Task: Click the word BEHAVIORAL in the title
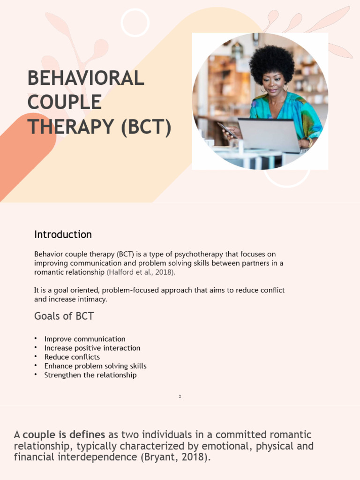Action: pos(86,78)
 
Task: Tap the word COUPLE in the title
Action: pos(64,103)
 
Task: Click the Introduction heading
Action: pos(63,234)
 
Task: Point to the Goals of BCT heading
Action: pos(64,316)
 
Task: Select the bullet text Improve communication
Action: pos(85,339)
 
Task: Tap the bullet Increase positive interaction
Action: pos(92,348)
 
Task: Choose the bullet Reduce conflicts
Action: pos(72,357)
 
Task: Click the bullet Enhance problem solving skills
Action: pos(95,366)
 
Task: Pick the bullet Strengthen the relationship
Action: pos(90,375)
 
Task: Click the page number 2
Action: pos(180,397)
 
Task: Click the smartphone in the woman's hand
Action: pos(226,130)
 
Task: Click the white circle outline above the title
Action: pos(135,22)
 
